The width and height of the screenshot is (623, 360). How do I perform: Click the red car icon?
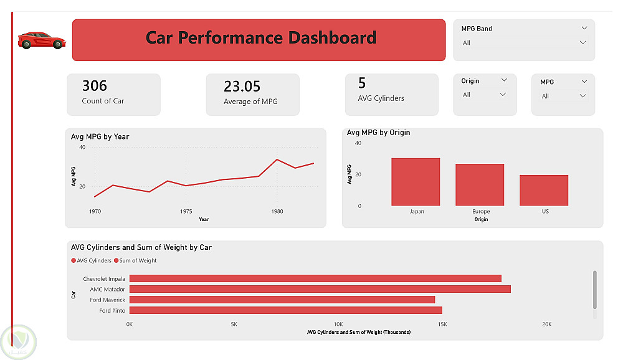tap(42, 40)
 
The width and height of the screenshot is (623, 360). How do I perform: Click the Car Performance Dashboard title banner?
tap(259, 39)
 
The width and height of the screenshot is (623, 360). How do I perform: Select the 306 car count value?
tap(95, 85)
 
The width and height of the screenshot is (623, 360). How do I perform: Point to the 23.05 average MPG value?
tap(242, 86)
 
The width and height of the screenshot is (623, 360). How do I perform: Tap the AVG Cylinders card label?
tap(381, 98)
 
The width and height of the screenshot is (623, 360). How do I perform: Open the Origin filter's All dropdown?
tap(502, 95)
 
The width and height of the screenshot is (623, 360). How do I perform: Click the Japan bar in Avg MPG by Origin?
tap(416, 182)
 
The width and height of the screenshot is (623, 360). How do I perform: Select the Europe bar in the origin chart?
tap(480, 185)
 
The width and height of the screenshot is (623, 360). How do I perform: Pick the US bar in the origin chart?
tap(544, 190)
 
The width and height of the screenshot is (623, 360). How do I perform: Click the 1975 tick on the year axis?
tap(185, 212)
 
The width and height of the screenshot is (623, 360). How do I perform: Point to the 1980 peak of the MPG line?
tap(277, 159)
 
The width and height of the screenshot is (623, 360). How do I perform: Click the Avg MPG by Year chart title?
tap(100, 136)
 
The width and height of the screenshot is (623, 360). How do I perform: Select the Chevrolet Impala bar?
tap(315, 278)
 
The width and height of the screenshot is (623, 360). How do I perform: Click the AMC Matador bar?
tap(320, 289)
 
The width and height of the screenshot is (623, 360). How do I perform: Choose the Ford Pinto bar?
tap(285, 310)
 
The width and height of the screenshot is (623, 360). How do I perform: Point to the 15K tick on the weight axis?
tap(442, 324)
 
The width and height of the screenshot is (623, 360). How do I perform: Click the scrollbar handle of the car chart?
tap(595, 289)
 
